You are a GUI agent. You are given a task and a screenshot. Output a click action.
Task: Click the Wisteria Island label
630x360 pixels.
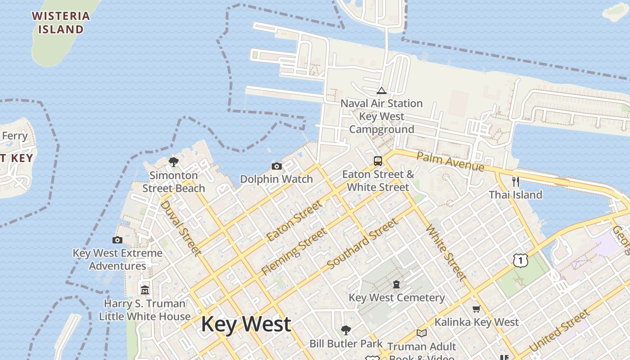point(61,23)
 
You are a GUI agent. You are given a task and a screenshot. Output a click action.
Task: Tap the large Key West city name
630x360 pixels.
point(246,324)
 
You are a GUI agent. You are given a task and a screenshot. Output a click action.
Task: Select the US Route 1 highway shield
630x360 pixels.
point(520,260)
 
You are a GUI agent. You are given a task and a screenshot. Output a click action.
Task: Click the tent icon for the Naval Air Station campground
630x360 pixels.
point(382,91)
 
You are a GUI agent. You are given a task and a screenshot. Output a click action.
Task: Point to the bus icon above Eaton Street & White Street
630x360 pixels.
point(378,161)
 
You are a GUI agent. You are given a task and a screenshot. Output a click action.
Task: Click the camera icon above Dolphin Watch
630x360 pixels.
point(277,166)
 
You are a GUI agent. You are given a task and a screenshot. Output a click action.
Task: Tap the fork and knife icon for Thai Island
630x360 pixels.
point(516,182)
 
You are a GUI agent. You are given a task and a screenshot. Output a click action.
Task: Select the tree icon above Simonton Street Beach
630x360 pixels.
point(174,162)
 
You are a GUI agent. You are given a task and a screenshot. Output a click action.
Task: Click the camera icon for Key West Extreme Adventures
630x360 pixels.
point(117,240)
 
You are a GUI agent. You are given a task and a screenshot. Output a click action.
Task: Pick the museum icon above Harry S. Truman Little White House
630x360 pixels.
point(144,290)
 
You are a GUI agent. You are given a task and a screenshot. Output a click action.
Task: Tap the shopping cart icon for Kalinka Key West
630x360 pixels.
point(477,309)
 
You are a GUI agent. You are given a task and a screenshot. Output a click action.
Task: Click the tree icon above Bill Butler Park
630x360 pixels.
point(346,330)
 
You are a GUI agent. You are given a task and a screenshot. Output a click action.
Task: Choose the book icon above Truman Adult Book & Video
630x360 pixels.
point(422,333)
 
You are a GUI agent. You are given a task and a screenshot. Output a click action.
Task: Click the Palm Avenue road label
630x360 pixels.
point(450,162)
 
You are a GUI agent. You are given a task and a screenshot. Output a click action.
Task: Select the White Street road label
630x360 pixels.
point(445,253)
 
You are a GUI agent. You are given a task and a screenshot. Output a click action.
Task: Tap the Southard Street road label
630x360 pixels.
point(363,244)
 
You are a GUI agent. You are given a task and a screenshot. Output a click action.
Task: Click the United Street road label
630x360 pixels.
point(559,331)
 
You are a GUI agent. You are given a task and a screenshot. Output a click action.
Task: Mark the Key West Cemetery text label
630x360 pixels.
point(396,298)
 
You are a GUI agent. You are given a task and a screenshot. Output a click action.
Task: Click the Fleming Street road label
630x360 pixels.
point(294,252)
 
